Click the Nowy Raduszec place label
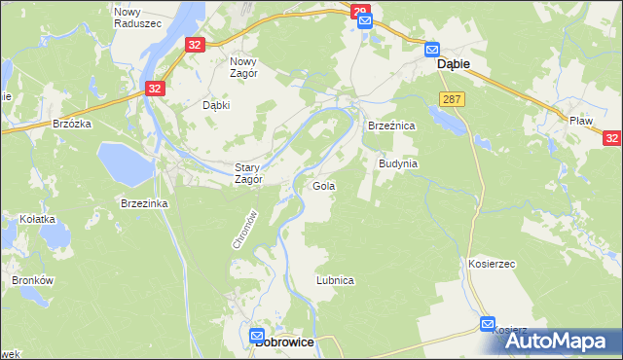click(128, 18)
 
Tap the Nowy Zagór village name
click(243, 65)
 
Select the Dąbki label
click(215, 105)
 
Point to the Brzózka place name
click(72, 125)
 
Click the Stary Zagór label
click(249, 172)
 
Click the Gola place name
click(323, 185)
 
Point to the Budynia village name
click(397, 163)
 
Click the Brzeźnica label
click(391, 126)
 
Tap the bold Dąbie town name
click(454, 63)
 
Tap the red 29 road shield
click(361, 12)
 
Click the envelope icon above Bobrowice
click(257, 332)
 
